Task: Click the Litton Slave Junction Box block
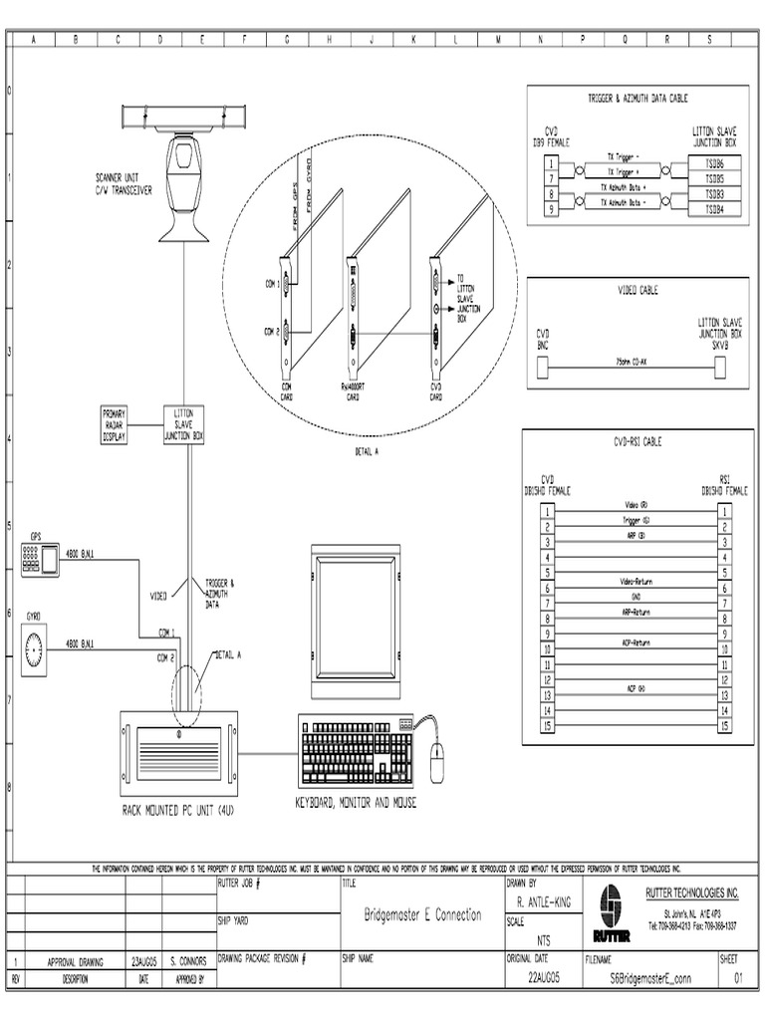183,424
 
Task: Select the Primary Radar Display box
115,424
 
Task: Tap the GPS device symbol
40,561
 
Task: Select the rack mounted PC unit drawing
179,749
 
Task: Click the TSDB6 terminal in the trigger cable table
715,161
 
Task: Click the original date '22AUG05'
543,979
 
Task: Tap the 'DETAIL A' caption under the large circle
367,450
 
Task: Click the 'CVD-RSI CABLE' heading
637,441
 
